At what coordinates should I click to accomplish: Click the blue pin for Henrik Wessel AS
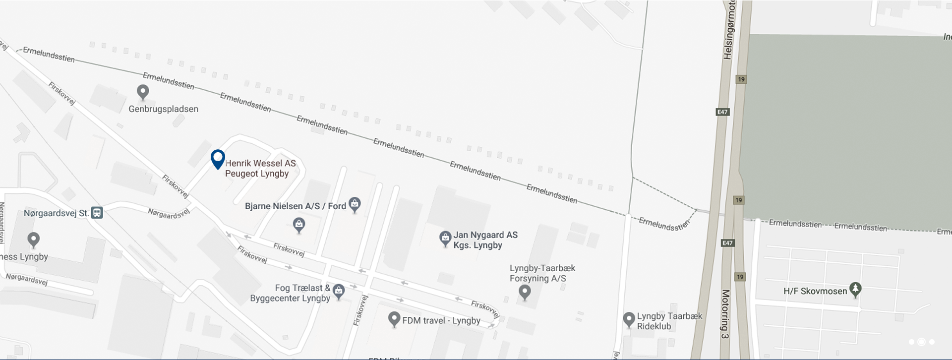(x=218, y=159)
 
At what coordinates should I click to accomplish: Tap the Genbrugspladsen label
(x=163, y=109)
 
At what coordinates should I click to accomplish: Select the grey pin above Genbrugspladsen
(x=143, y=91)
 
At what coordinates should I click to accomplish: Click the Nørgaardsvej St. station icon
(x=97, y=213)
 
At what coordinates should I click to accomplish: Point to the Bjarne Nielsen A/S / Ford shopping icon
(x=355, y=203)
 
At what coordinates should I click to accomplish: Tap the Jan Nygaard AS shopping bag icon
(x=445, y=238)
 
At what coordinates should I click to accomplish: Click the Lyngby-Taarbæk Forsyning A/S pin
(x=525, y=292)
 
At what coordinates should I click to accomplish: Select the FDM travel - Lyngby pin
(x=394, y=319)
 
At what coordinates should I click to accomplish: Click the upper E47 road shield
(x=722, y=112)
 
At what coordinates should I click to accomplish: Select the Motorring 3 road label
(x=725, y=314)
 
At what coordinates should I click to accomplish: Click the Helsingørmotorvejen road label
(x=730, y=30)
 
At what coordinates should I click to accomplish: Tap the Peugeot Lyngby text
(x=257, y=174)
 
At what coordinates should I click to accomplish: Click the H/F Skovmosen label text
(x=815, y=291)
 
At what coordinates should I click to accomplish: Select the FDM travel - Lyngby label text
(x=441, y=321)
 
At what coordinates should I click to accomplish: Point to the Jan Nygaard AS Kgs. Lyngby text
(x=485, y=240)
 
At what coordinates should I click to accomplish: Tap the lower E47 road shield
(x=727, y=243)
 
